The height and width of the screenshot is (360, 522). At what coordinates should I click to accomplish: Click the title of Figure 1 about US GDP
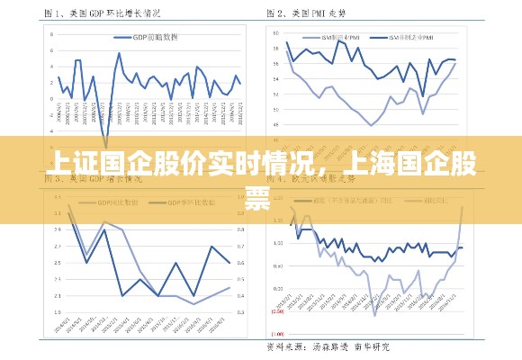103,14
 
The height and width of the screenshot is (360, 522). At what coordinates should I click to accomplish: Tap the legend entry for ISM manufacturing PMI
342,38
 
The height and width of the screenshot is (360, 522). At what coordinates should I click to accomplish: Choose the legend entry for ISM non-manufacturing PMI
415,38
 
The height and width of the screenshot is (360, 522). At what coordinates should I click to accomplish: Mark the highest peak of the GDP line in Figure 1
120,53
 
